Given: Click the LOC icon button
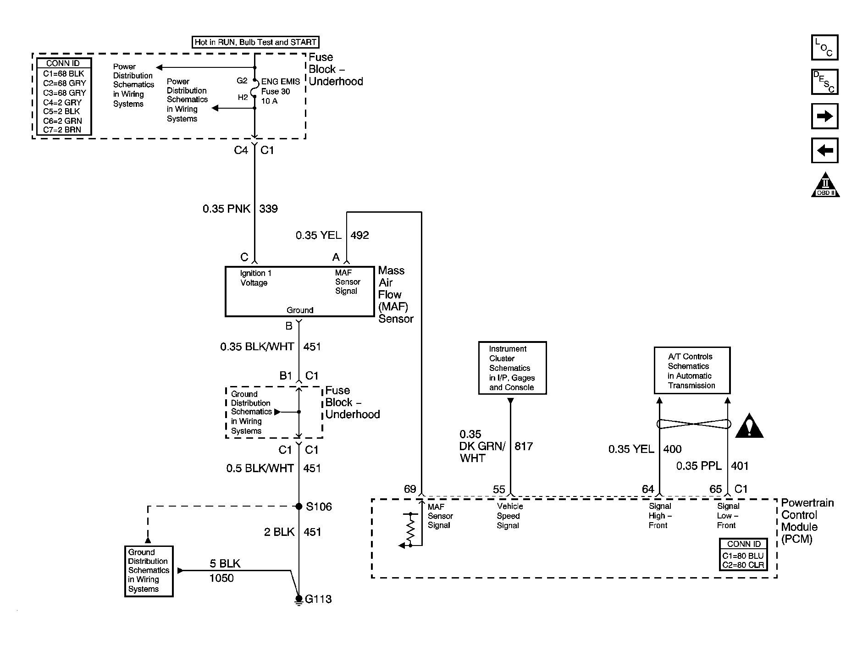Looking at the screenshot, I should click(x=824, y=48).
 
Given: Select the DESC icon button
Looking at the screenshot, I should click(x=824, y=82).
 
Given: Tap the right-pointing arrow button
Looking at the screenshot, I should click(x=824, y=116).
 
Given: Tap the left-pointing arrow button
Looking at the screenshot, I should click(x=824, y=150).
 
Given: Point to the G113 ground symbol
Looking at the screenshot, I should click(x=299, y=600).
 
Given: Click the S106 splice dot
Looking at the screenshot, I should click(x=299, y=507).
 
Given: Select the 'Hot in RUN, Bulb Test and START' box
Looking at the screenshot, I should click(x=255, y=42).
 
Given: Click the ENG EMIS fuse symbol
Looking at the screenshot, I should click(x=254, y=88).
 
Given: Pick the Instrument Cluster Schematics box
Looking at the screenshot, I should click(x=512, y=368).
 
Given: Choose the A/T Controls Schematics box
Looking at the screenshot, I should click(x=691, y=370).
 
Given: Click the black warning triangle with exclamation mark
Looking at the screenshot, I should click(x=749, y=427).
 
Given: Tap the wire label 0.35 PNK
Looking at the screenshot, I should click(x=227, y=209).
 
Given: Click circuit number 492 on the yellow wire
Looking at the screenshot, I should click(x=359, y=236).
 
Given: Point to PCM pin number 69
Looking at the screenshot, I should click(x=410, y=489).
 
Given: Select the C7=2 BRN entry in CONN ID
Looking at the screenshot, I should click(x=62, y=130).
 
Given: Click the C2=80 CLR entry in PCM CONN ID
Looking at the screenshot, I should click(x=743, y=565).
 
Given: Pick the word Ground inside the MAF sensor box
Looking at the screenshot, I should click(x=300, y=310).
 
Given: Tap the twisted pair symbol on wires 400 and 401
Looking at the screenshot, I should click(x=693, y=424).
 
